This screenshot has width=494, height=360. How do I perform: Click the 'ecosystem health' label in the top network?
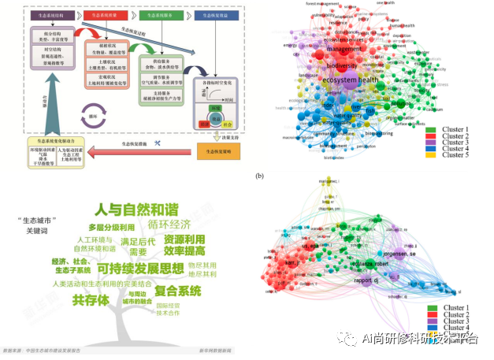pyautogui.click(x=348, y=80)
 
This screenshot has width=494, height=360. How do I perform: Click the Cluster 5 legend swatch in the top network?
pyautogui.click(x=433, y=154)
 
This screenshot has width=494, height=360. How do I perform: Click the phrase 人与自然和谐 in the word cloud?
pyautogui.click(x=136, y=210)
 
